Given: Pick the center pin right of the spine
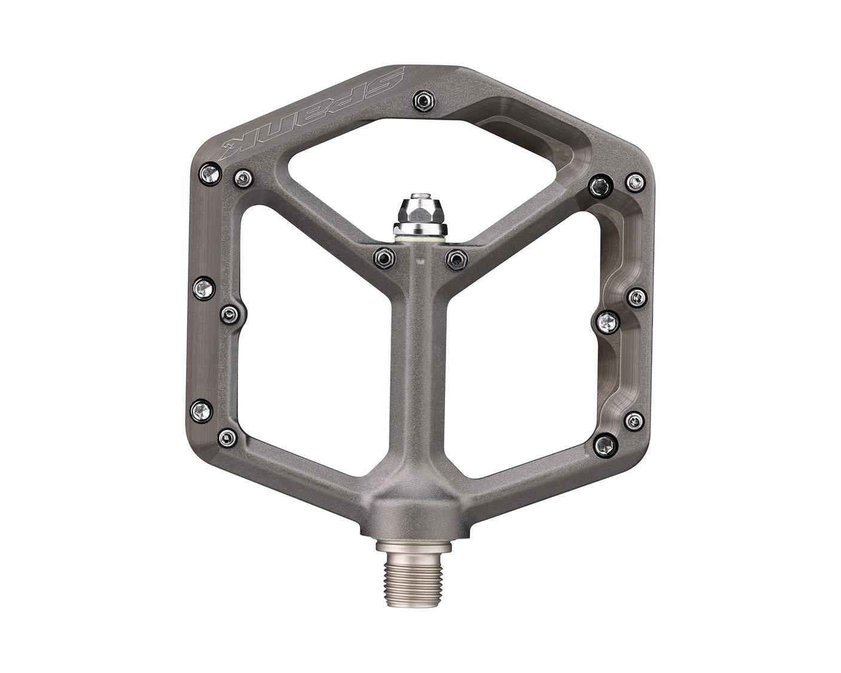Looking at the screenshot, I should [x=456, y=258].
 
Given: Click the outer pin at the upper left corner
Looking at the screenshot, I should [x=210, y=174].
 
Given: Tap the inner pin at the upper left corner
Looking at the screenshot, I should [x=243, y=177].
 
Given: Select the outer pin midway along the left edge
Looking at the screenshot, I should [x=204, y=290].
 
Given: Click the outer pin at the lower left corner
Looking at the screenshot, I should [x=203, y=410].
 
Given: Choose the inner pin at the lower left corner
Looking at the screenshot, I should [x=228, y=438].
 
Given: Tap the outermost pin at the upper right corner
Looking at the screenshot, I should [x=635, y=182].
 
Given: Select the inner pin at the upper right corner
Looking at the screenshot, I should [x=600, y=186].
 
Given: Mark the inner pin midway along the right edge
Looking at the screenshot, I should [x=609, y=322].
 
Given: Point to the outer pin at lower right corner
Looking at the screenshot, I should [x=635, y=421].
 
